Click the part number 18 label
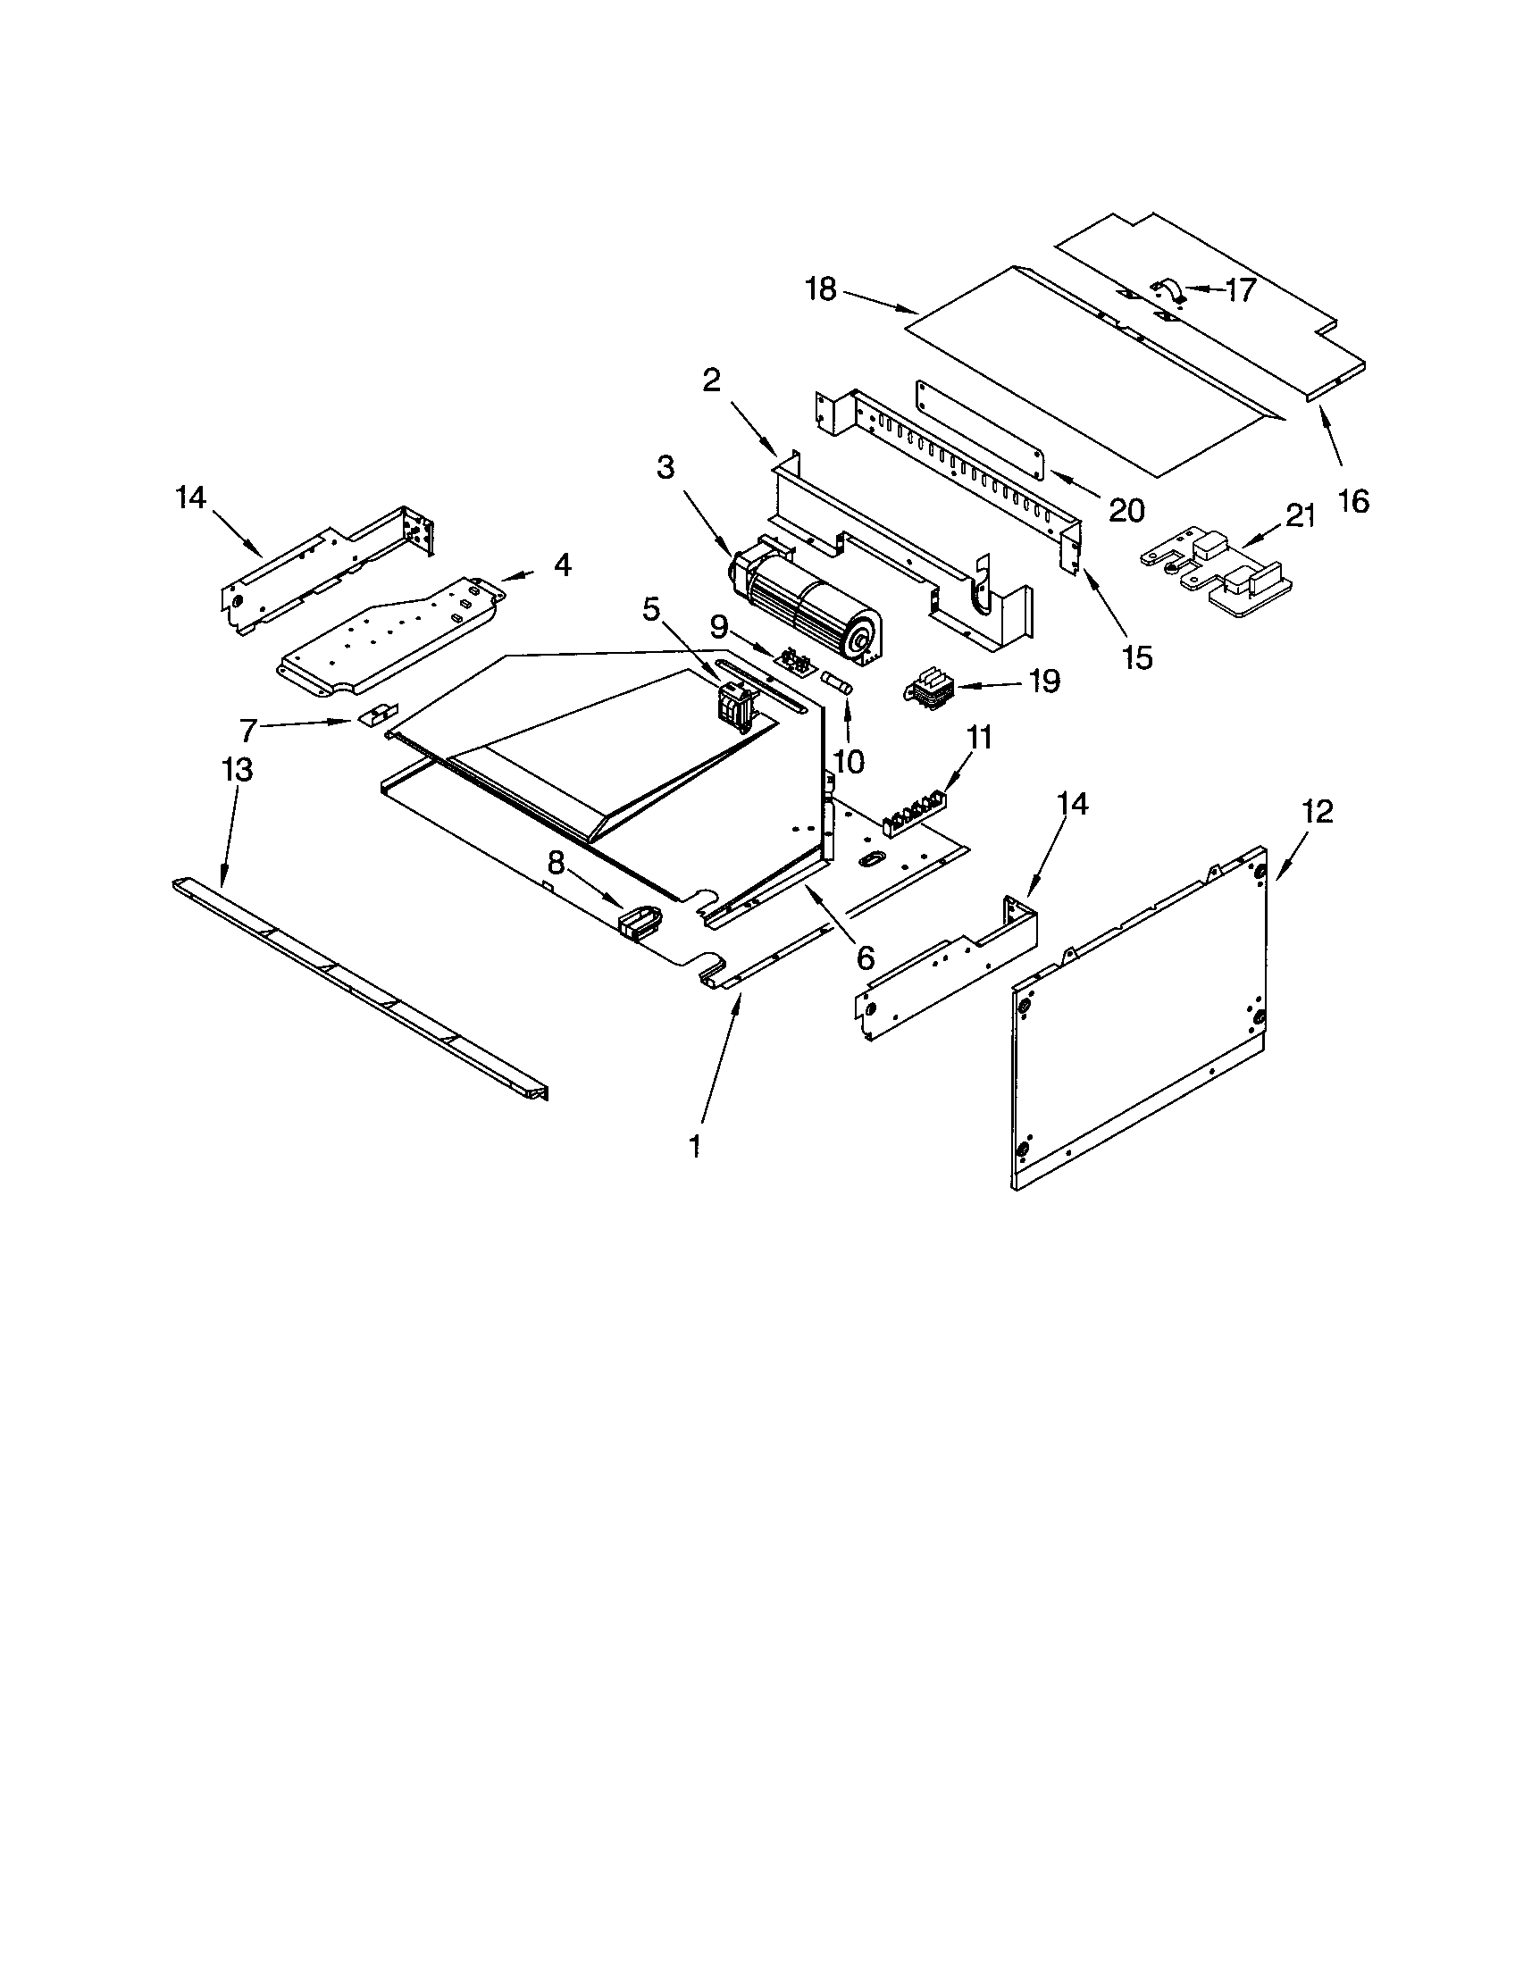(x=822, y=289)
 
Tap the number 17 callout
(x=1240, y=289)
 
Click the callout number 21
(x=1300, y=516)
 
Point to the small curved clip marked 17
(x=1167, y=288)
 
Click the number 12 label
(x=1317, y=813)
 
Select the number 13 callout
(x=238, y=770)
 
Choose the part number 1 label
(x=695, y=1146)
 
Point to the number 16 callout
(x=1353, y=500)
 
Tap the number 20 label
(x=1126, y=510)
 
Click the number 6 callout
(x=865, y=957)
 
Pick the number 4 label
(x=561, y=565)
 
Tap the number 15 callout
(x=1137, y=657)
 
